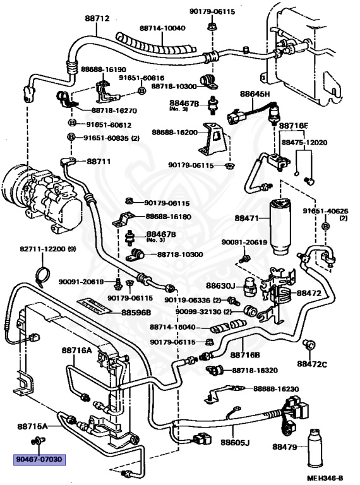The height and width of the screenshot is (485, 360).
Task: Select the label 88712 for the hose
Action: click(97, 19)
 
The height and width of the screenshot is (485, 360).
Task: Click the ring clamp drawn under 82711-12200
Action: click(43, 273)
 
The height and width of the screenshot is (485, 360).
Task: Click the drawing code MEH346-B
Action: click(325, 478)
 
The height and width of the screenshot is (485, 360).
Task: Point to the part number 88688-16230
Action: click(272, 389)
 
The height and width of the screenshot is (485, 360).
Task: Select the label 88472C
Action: click(313, 364)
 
